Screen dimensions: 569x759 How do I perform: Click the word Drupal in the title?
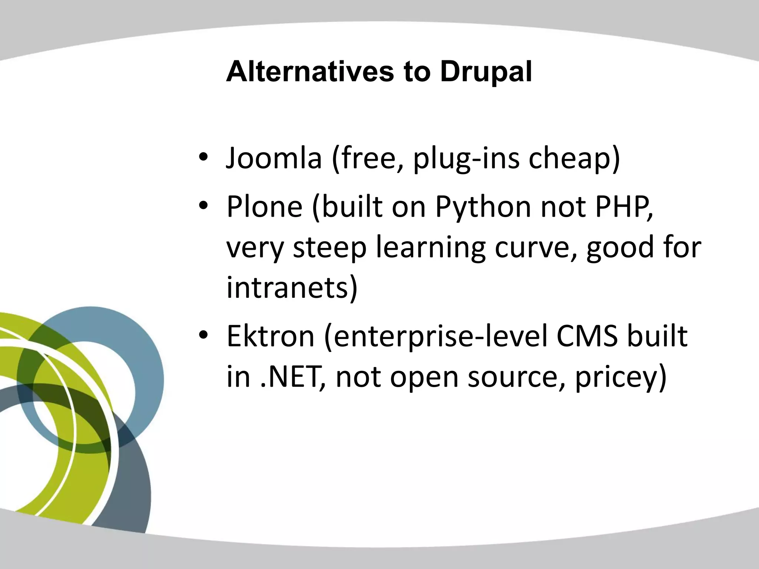[x=486, y=72]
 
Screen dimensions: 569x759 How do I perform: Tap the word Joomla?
[x=274, y=159]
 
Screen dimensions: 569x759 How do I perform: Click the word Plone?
[x=265, y=207]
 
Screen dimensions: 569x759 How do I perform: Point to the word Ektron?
[x=270, y=336]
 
